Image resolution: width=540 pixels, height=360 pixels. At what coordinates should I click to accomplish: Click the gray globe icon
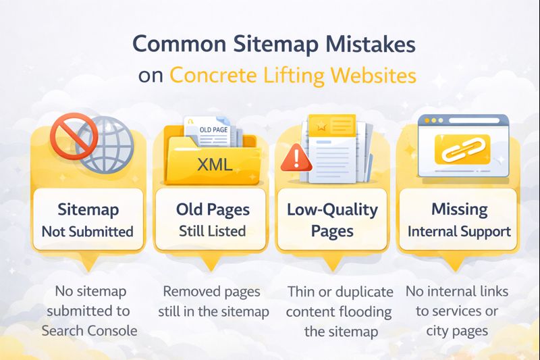tap(103, 145)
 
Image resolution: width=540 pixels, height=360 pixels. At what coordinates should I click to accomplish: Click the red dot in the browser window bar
tap(425, 120)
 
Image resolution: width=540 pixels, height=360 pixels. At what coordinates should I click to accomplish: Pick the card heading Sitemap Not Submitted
tap(88, 220)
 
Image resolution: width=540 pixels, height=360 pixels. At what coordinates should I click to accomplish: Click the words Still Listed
tap(212, 231)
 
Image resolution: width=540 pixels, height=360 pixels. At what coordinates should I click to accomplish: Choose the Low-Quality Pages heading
tap(332, 220)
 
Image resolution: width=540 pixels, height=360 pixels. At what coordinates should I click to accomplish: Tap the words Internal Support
tap(459, 231)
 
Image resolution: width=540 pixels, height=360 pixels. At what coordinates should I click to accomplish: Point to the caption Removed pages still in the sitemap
tap(213, 302)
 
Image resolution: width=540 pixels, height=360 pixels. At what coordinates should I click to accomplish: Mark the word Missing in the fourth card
tap(459, 209)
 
